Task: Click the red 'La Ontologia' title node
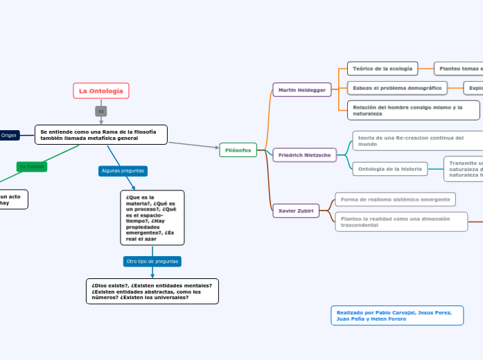coord(101,91)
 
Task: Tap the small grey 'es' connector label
coord(101,111)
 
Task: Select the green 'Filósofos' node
coord(238,150)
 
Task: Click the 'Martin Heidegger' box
coord(302,90)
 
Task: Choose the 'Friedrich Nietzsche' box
coord(305,155)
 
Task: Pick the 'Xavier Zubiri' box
coord(296,210)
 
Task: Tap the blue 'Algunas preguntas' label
coord(123,170)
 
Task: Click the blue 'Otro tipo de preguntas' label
coord(152,262)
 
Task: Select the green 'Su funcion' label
coord(32,167)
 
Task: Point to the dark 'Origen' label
coord(9,135)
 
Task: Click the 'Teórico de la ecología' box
coord(383,69)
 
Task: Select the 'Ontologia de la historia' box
coord(389,169)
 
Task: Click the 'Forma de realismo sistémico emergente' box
coord(395,199)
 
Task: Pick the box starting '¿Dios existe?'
coord(152,291)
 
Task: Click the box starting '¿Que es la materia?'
coord(152,217)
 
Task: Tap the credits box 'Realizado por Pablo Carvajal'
coord(396,316)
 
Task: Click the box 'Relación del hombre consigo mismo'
coord(413,110)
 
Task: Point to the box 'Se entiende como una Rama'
coord(101,134)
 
